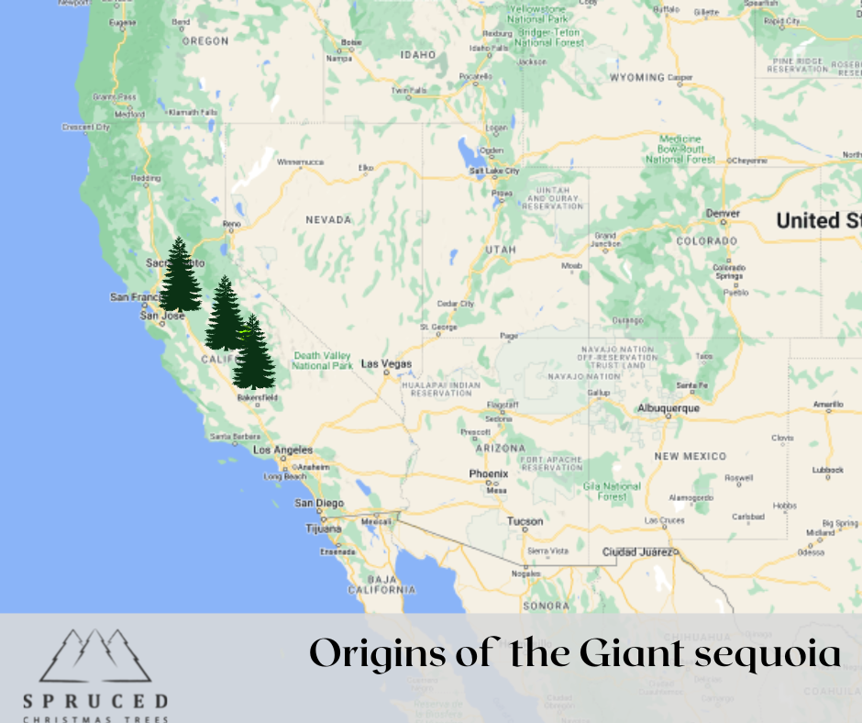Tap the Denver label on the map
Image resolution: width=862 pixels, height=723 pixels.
pos(723,214)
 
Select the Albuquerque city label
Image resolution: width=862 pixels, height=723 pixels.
pos(669,408)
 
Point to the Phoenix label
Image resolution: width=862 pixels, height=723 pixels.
pos(488,474)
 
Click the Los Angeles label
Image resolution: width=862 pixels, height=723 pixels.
pos(282,450)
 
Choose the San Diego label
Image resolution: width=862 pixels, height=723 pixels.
pos(319,503)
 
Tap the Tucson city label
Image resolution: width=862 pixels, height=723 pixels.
pos(525,521)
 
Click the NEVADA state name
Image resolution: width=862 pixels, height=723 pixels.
pos(328,220)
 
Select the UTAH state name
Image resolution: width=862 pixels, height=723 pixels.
pos(501,250)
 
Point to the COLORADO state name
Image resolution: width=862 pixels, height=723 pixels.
pos(706,241)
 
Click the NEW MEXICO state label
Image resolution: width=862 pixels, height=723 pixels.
pos(690,456)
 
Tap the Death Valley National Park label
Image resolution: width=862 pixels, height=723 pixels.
pos(322,361)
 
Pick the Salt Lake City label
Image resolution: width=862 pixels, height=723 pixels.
pos(494,171)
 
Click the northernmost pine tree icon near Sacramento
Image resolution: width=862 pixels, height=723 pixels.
pos(181,275)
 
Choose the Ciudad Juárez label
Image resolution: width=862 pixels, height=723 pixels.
pos(638,552)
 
